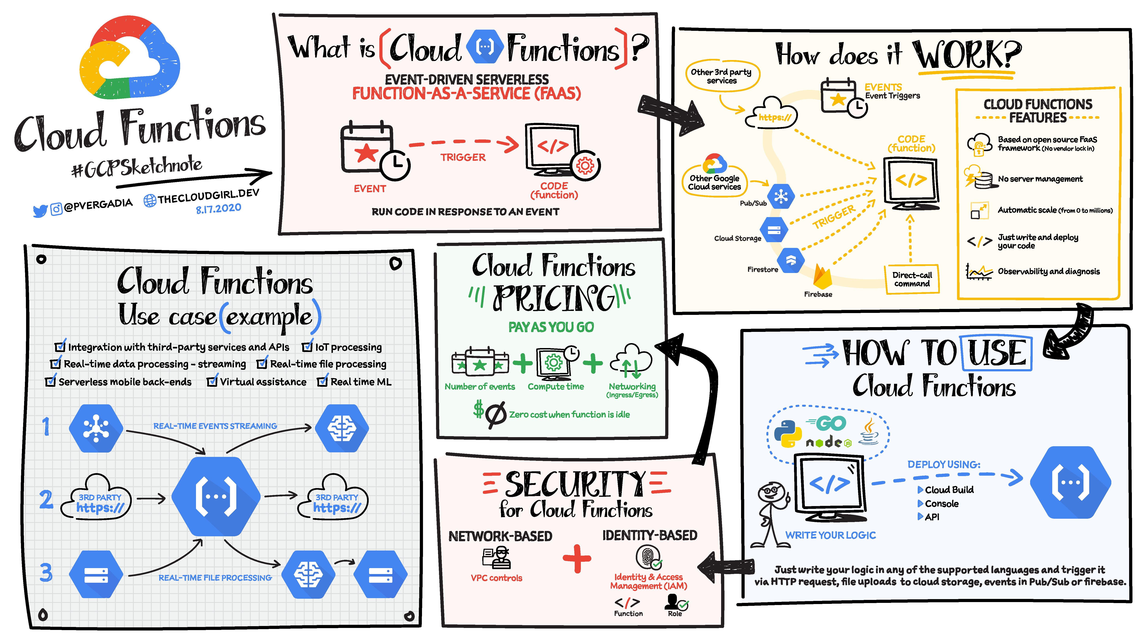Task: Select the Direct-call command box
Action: (x=912, y=279)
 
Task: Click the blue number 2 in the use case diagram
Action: (x=46, y=500)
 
